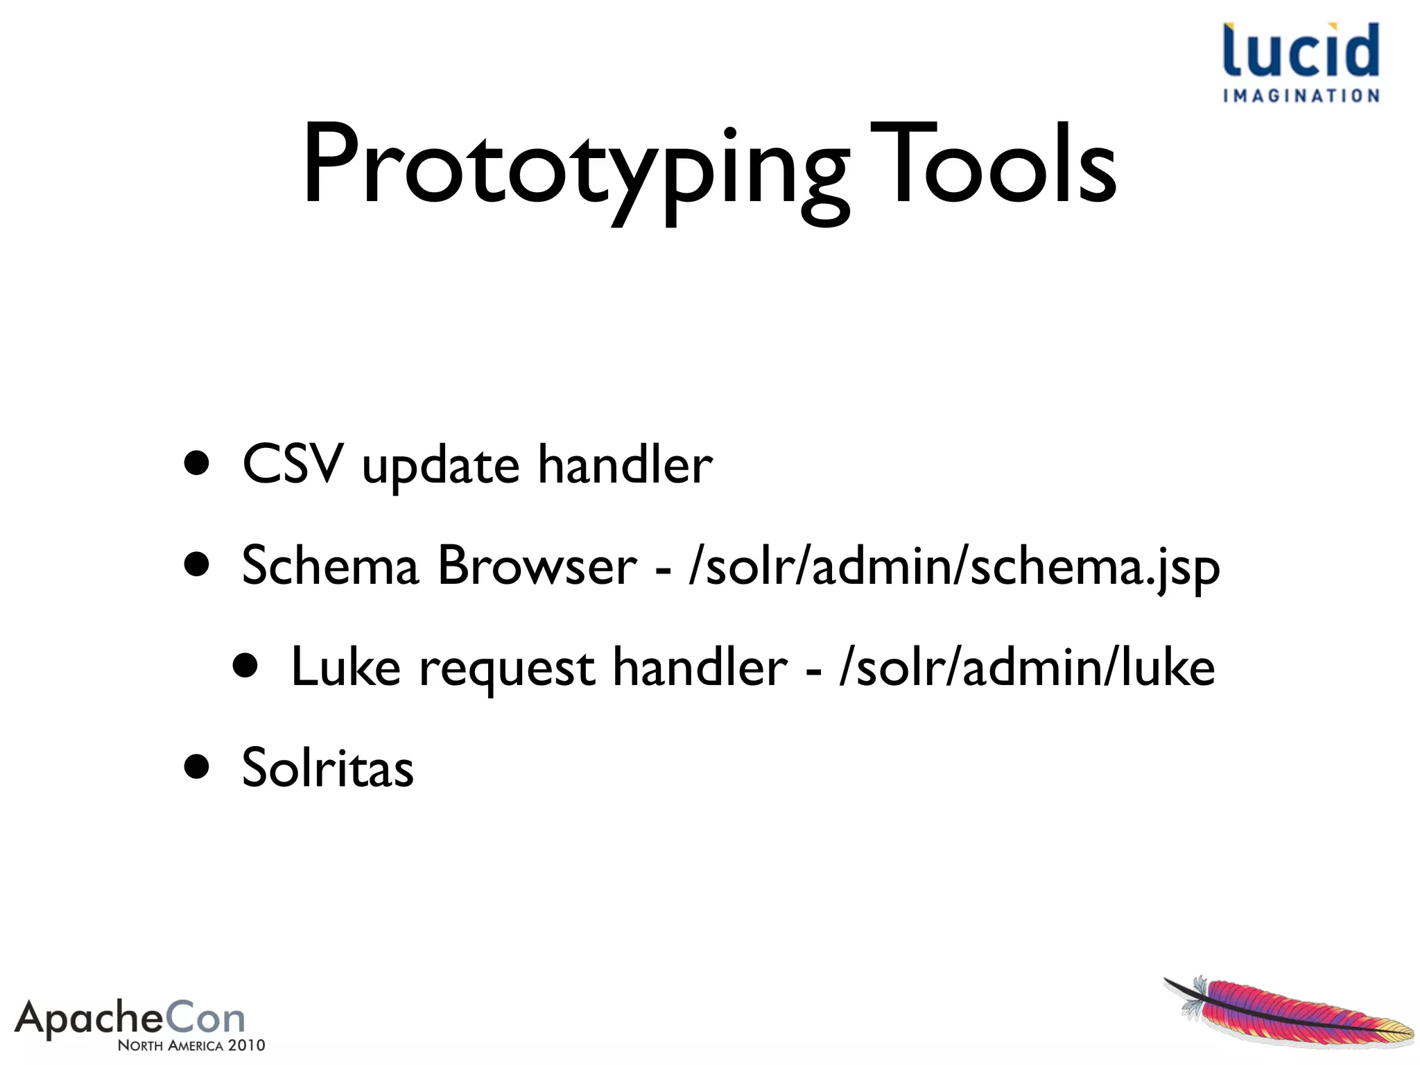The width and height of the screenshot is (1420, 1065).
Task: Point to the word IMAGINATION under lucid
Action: pyautogui.click(x=1301, y=96)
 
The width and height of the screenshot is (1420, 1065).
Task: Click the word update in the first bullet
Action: pyautogui.click(x=440, y=466)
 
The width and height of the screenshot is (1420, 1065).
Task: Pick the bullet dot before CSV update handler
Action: pyautogui.click(x=197, y=463)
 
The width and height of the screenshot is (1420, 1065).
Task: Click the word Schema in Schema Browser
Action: pyautogui.click(x=330, y=565)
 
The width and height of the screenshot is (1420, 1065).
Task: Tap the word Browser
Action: pyautogui.click(x=537, y=565)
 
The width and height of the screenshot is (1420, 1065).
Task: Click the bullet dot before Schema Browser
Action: pyautogui.click(x=197, y=564)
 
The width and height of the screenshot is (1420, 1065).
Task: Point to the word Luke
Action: pyautogui.click(x=345, y=667)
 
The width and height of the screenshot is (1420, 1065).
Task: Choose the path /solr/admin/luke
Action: pyautogui.click(x=1026, y=667)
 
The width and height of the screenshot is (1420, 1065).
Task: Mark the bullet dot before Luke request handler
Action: pyautogui.click(x=245, y=666)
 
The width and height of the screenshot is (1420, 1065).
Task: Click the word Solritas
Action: pyautogui.click(x=327, y=768)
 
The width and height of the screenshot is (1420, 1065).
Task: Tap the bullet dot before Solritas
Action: pyautogui.click(x=197, y=767)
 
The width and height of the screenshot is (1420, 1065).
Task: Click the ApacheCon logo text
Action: pyautogui.click(x=130, y=1019)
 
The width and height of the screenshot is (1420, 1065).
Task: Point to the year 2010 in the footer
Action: pyautogui.click(x=246, y=1046)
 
